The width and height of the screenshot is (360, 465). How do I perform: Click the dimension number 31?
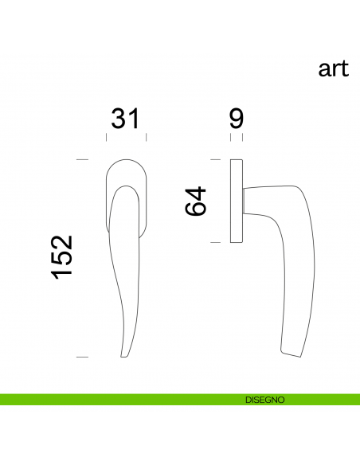tap(125, 119)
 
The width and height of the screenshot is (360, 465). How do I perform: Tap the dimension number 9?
tap(236, 119)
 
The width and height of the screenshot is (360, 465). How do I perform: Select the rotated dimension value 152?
tap(62, 256)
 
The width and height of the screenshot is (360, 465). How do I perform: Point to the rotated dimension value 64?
tap(196, 201)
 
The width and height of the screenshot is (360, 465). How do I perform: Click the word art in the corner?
tap(334, 69)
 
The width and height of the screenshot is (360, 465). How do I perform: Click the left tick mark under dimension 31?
tap(106, 138)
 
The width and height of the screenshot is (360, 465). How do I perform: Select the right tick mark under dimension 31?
tap(146, 138)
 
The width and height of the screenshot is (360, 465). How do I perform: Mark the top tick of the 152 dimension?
tap(81, 161)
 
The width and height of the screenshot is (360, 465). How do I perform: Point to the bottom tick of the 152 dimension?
tap(81, 357)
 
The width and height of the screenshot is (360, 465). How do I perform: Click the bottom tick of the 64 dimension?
tap(214, 242)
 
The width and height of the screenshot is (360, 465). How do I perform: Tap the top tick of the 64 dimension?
tap(214, 160)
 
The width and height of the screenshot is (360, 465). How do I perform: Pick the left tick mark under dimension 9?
tap(231, 138)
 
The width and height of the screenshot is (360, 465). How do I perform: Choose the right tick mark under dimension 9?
tap(242, 138)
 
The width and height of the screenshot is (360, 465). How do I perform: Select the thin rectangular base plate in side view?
tap(237, 201)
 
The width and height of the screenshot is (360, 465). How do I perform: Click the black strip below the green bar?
tap(180, 406)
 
